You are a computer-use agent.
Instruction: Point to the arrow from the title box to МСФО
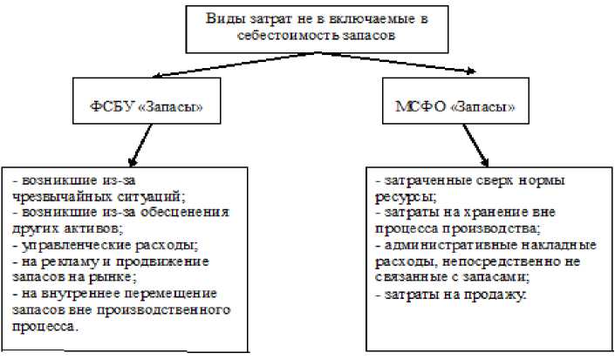pos(419,68)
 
